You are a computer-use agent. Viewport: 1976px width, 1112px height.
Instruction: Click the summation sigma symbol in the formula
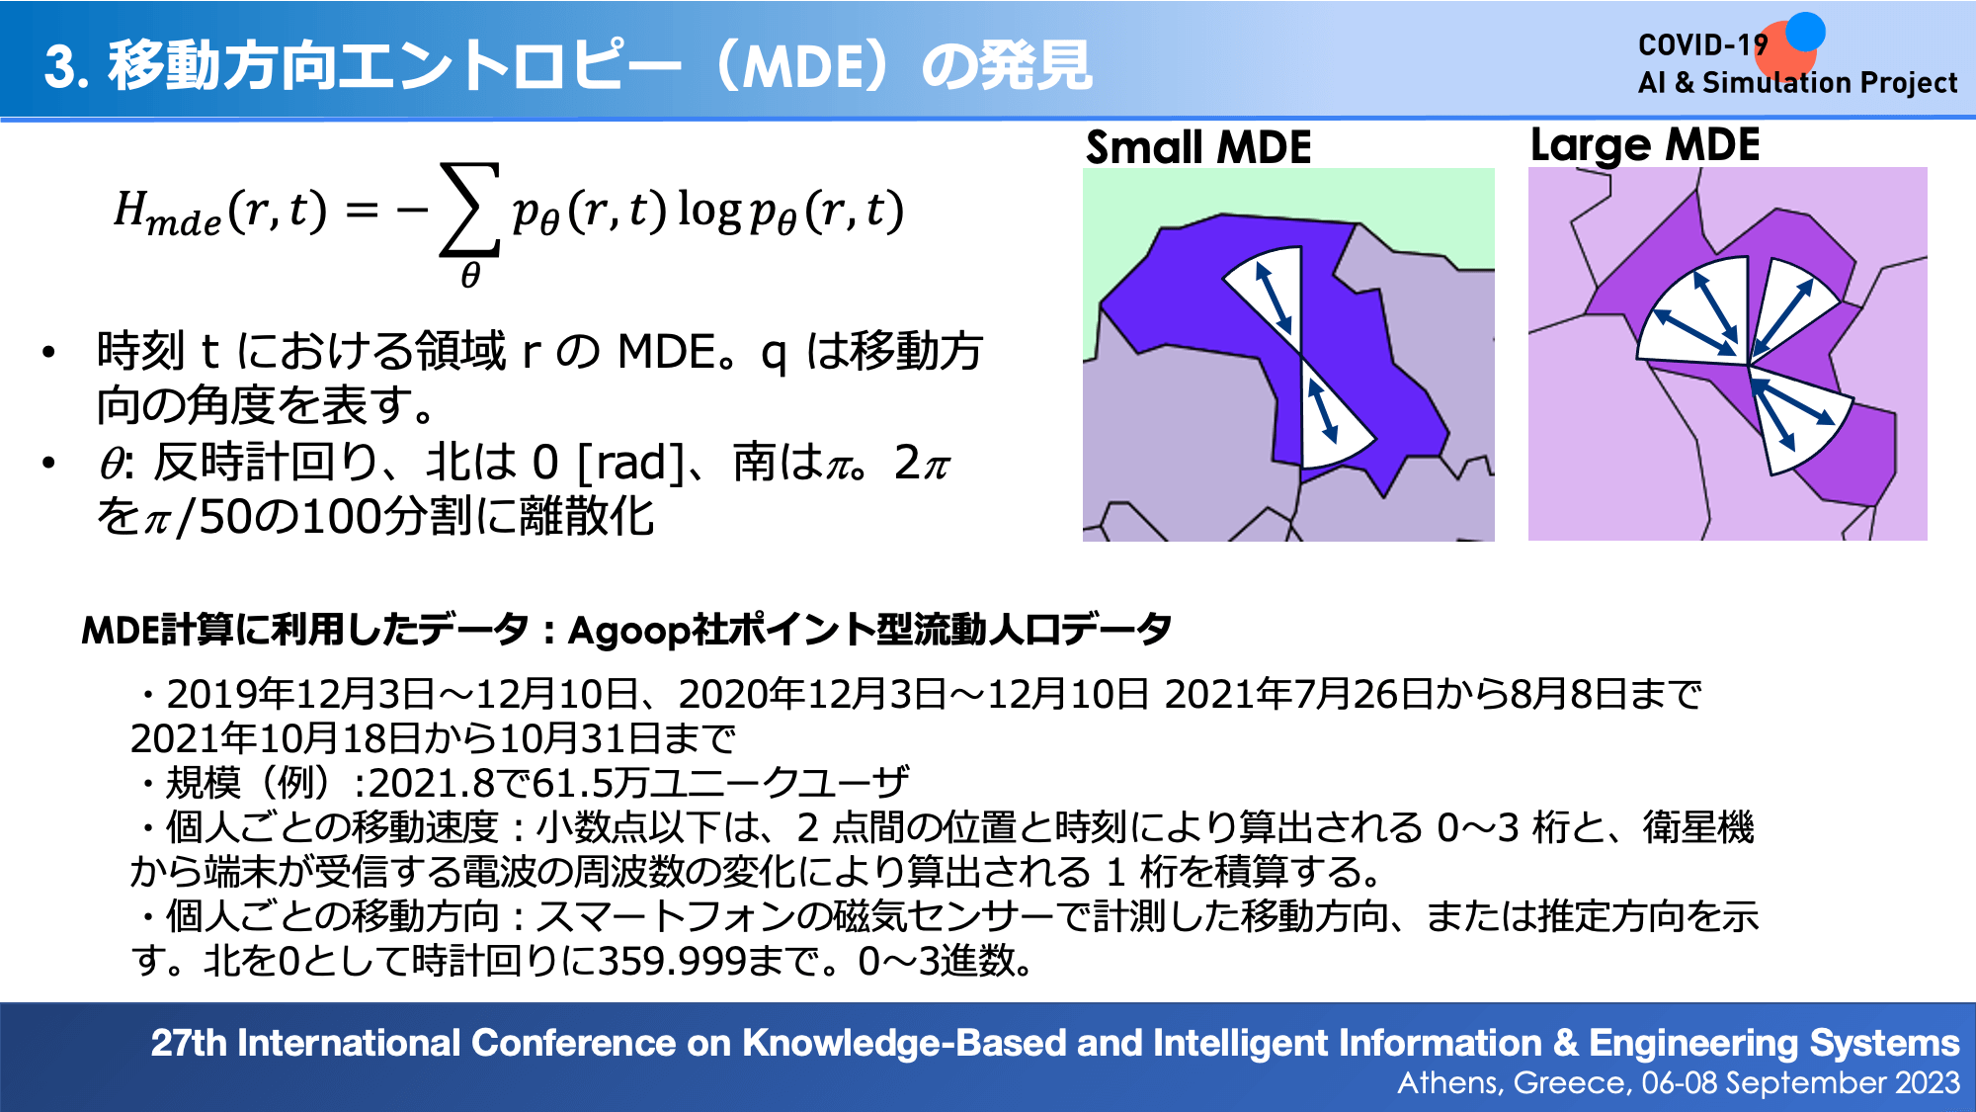click(x=470, y=210)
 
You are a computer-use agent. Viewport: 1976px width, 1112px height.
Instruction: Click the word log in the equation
click(x=708, y=212)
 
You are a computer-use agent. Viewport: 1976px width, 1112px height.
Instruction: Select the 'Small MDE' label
click(x=1198, y=147)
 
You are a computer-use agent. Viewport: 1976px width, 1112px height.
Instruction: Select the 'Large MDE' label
click(x=1645, y=145)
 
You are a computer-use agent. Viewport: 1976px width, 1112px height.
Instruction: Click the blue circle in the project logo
click(x=1806, y=31)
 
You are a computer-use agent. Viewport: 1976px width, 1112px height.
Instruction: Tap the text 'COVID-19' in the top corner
click(x=1702, y=45)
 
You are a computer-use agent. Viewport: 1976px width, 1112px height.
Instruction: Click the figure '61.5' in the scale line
click(x=567, y=784)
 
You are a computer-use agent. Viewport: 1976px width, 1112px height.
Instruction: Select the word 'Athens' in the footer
click(x=1448, y=1083)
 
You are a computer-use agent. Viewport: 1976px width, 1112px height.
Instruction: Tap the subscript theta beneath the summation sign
click(x=470, y=275)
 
